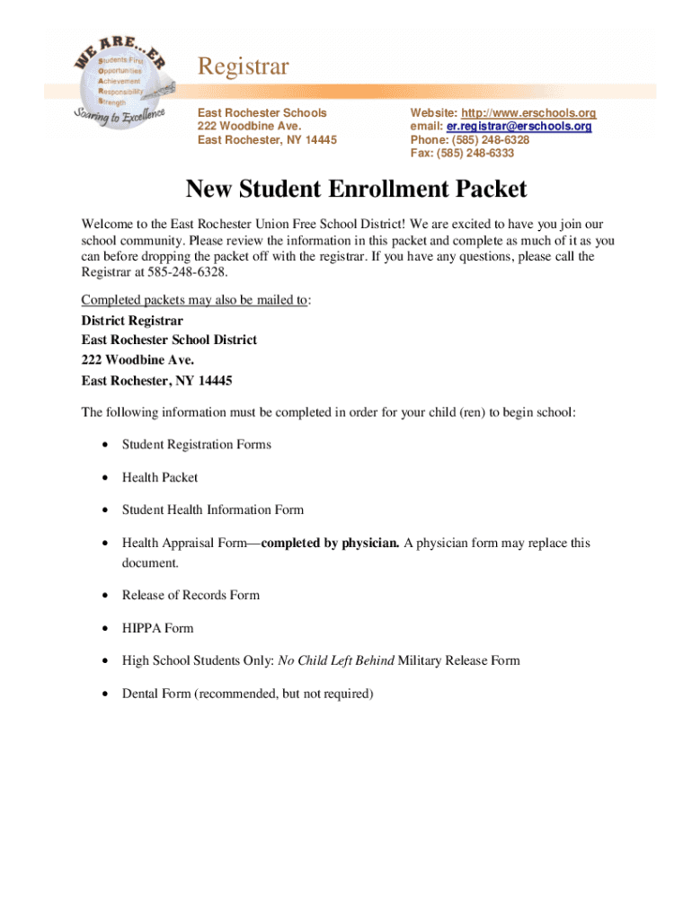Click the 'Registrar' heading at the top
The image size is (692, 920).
pos(243,66)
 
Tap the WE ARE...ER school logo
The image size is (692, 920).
pos(119,81)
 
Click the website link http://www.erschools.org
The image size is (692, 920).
pos(528,113)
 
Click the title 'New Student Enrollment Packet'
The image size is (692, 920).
pos(356,190)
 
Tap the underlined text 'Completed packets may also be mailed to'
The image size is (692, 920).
pos(194,300)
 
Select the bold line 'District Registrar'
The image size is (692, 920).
pos(132,321)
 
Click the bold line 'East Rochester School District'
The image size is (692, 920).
pos(169,341)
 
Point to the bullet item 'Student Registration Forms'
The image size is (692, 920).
pos(197,445)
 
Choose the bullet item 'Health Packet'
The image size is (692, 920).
pos(160,478)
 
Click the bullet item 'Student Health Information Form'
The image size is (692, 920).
pos(213,510)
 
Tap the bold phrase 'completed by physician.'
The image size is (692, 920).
pos(330,544)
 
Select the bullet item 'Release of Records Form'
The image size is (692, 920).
pos(191,596)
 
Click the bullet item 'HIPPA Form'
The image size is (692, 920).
pos(157,629)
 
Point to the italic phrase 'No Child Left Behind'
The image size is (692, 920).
pos(335,661)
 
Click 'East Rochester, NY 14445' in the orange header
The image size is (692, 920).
pos(267,140)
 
